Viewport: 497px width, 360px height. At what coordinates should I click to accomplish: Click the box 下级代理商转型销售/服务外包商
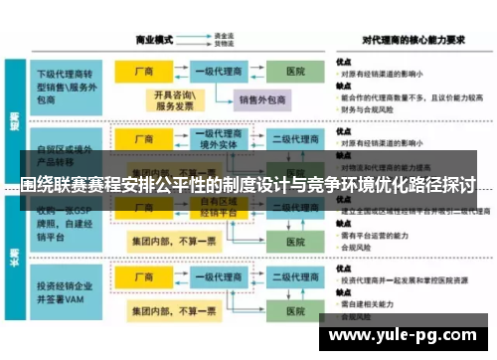coord(67,81)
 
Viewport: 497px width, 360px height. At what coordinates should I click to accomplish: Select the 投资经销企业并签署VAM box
coord(67,296)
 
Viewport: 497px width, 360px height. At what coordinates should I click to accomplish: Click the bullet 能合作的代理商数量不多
coord(404,97)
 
